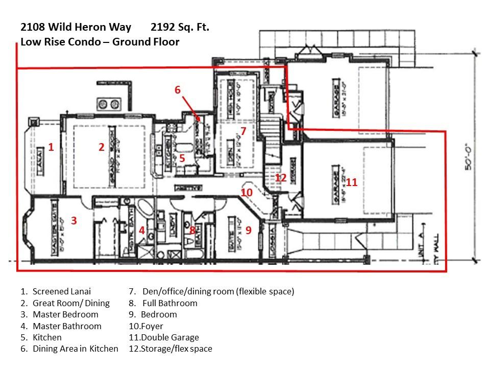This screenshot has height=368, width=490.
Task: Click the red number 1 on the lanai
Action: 51,147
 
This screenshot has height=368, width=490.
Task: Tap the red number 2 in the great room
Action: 101,147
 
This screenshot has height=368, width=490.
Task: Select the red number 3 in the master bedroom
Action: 74,221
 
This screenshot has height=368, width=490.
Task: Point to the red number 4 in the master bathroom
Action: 141,231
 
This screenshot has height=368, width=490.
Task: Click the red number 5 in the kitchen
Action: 182,158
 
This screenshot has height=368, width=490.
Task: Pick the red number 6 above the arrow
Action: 177,90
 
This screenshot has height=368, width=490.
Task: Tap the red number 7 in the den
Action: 243,131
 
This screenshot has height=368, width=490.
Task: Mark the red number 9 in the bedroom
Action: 249,230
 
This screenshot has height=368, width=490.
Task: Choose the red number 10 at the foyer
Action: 247,192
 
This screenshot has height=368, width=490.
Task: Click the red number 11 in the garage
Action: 351,182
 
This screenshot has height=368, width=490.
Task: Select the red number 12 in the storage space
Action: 280,178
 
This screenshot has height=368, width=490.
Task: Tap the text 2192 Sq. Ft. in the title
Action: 180,27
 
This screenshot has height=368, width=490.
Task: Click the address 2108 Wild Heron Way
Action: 76,27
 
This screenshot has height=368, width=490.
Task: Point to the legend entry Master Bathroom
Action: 67,326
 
